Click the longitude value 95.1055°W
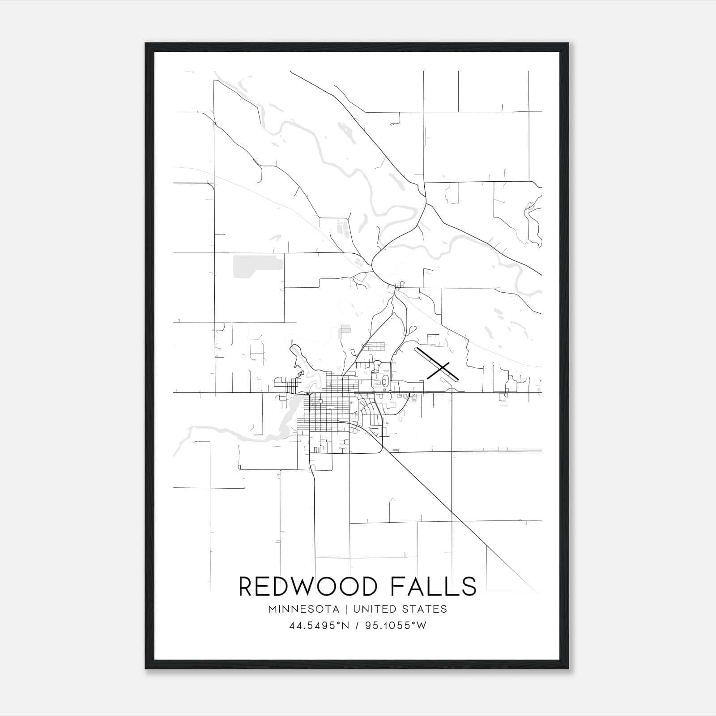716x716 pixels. (396, 626)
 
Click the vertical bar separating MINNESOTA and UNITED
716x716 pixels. (349, 609)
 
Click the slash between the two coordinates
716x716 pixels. (357, 626)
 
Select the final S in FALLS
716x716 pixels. (469, 586)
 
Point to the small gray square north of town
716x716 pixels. (345, 330)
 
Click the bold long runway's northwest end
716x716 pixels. (417, 349)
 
